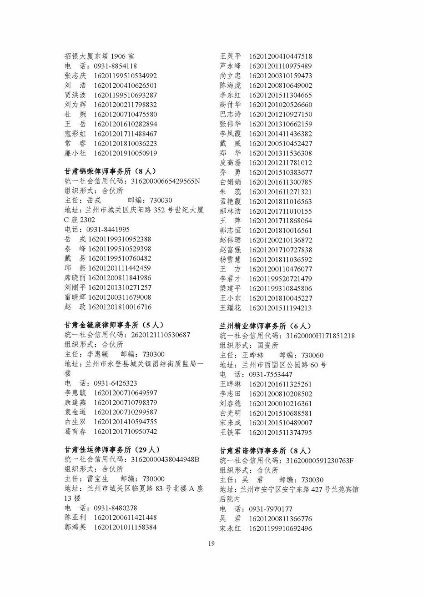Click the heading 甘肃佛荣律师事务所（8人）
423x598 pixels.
110,171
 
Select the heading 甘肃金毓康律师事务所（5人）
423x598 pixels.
114,325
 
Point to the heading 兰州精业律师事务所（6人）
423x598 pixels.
265,326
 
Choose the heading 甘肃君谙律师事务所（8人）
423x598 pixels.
265,451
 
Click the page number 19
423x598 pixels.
211,543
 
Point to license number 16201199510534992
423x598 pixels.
126,76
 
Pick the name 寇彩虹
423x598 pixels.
75,134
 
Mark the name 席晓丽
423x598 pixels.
75,278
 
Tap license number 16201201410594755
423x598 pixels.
126,422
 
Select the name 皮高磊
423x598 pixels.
231,163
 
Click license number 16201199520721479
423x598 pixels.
280,279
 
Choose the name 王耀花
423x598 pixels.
231,308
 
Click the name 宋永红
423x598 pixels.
231,528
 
